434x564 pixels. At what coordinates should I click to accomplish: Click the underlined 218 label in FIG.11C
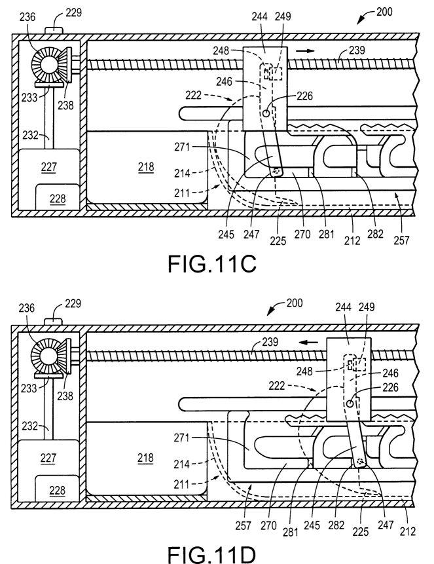pyautogui.click(x=146, y=167)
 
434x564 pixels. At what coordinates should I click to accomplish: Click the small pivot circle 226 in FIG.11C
pyautogui.click(x=266, y=114)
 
